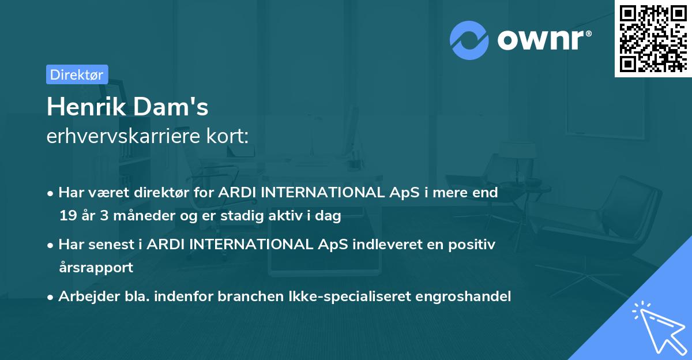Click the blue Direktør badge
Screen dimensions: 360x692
coord(77,74)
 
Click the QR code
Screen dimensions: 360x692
coord(653,38)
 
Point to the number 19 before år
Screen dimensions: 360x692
coord(67,216)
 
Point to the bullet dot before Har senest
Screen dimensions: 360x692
coord(51,245)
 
